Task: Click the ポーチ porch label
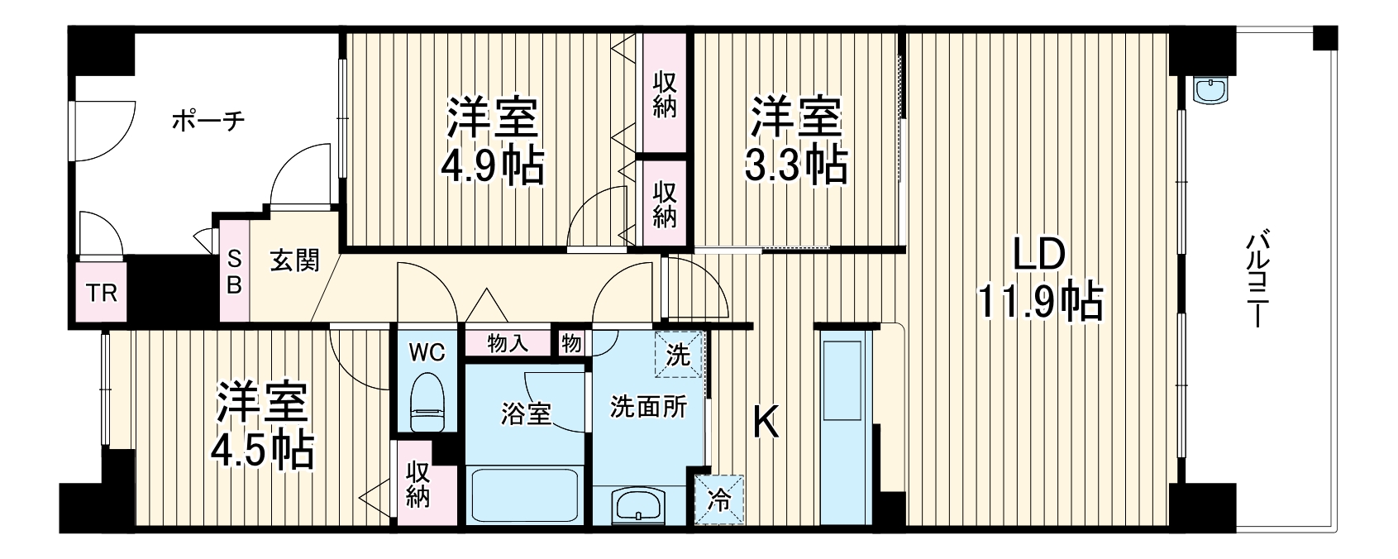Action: pyautogui.click(x=208, y=122)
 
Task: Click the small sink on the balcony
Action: pyautogui.click(x=1213, y=90)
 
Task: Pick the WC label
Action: pyautogui.click(x=427, y=351)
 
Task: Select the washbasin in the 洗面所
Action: pyautogui.click(x=639, y=502)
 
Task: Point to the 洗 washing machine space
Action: pyautogui.click(x=679, y=355)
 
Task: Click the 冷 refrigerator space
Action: pyautogui.click(x=718, y=500)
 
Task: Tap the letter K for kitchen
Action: pyautogui.click(x=766, y=425)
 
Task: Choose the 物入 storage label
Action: pyautogui.click(x=508, y=344)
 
